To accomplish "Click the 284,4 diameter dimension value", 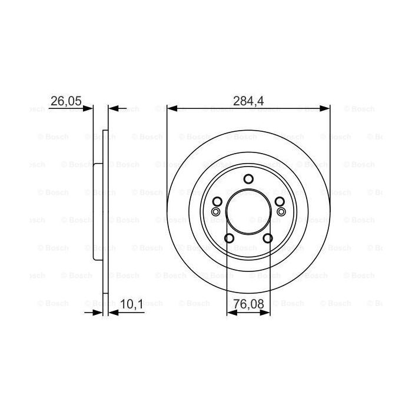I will [x=248, y=101].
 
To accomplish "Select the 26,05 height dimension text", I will [x=65, y=101].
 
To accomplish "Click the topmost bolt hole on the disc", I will [x=248, y=180].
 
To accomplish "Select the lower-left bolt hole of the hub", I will [x=230, y=238].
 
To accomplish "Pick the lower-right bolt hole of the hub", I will [x=268, y=238].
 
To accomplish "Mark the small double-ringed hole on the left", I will [x=216, y=211].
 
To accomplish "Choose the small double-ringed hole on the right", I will [x=281, y=211].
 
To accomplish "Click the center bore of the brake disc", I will [x=248, y=212].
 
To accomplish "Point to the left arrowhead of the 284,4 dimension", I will [x=171, y=108].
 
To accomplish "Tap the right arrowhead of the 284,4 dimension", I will [x=325, y=108].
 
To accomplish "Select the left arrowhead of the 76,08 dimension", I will [x=231, y=312].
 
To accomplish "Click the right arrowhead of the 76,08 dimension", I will [x=266, y=312].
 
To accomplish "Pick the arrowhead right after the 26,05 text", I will [x=89, y=108].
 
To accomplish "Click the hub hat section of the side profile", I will [x=97, y=212].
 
